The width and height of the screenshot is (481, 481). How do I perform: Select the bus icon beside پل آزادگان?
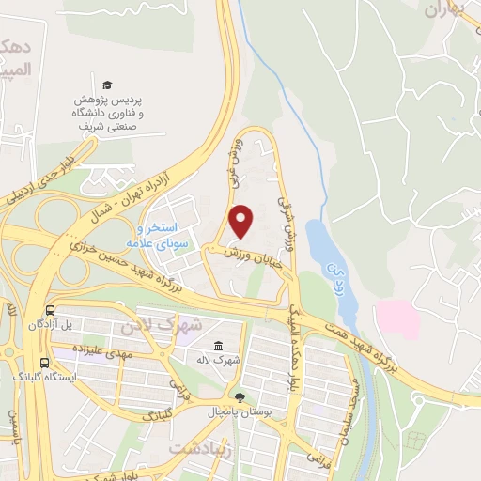point(49,310)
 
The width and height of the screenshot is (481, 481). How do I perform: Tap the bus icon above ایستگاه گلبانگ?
point(44,361)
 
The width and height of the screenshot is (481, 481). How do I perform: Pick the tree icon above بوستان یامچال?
point(240,397)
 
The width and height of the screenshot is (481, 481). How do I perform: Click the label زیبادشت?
point(199,450)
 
